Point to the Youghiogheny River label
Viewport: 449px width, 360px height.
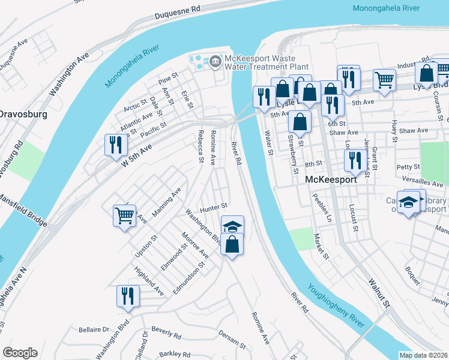coord(336,304)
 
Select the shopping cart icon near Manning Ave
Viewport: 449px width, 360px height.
coord(124,214)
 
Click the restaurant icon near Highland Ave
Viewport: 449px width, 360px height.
coord(128,296)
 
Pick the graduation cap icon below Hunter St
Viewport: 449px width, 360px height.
coord(233,226)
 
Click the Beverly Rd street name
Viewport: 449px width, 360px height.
coord(166,332)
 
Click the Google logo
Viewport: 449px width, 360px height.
coord(20,353)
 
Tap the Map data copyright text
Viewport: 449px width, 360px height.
coord(423,355)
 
